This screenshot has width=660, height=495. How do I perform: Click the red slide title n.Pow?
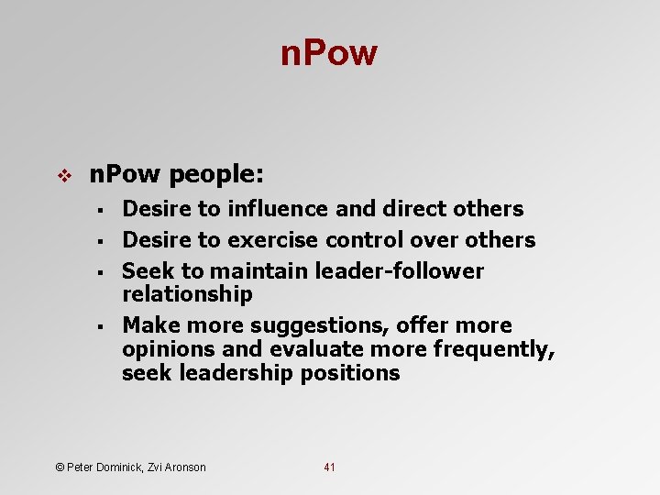[x=329, y=54]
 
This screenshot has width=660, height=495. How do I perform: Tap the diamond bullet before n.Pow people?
[x=64, y=173]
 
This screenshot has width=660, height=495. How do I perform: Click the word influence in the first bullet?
[x=278, y=209]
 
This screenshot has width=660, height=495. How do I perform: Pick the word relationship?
[x=187, y=294]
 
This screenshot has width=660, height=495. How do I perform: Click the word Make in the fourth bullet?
[x=150, y=325]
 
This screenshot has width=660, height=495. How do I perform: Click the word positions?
[x=349, y=373]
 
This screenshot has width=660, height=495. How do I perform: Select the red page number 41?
[x=330, y=467]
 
